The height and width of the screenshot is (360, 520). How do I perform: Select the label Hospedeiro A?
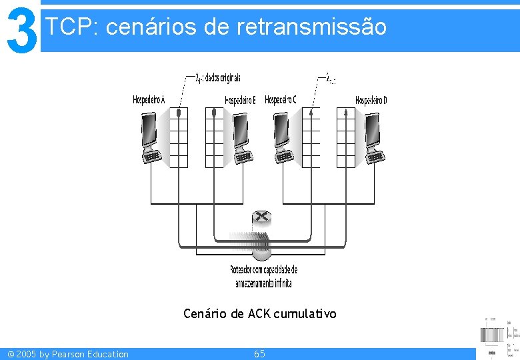149,100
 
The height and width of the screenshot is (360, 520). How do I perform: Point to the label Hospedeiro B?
240,100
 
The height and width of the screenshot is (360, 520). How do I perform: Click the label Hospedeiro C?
281,100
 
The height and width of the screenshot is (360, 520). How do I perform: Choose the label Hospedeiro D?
371,100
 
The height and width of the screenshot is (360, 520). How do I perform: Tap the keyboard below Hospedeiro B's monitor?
243,157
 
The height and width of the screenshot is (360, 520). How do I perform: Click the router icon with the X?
262,218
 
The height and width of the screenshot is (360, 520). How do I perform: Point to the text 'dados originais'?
223,78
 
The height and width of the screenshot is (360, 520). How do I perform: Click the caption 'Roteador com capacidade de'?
263,270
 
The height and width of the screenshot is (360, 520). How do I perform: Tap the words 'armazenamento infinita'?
263,283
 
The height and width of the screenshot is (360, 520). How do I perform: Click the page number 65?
259,353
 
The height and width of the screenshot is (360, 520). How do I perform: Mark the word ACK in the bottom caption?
257,313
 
